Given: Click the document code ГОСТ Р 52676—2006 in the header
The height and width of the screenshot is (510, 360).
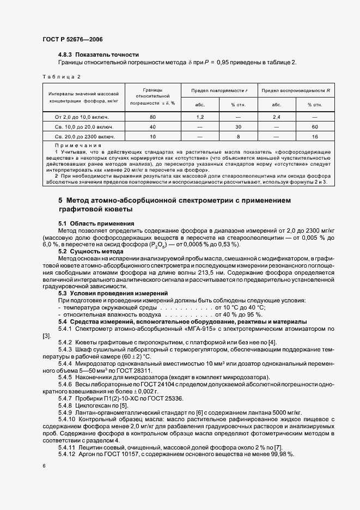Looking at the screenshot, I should click(72, 40).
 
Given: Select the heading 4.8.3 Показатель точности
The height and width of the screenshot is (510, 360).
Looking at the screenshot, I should click(99, 54).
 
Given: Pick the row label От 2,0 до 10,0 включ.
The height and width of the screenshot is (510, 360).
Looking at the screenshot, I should click(82, 117).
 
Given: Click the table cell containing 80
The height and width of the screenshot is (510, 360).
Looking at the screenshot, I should click(153, 117).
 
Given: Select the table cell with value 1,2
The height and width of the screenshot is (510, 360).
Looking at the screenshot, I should click(200, 117).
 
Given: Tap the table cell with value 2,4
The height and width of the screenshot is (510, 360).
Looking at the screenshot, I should click(276, 117).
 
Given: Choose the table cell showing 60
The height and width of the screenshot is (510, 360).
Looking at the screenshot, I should click(314, 126).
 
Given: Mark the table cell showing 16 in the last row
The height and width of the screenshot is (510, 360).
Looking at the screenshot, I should click(314, 136).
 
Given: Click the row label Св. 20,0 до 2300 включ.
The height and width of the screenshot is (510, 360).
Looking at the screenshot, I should click(82, 136).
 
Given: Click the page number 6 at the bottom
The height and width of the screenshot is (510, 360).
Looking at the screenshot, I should click(44, 467).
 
